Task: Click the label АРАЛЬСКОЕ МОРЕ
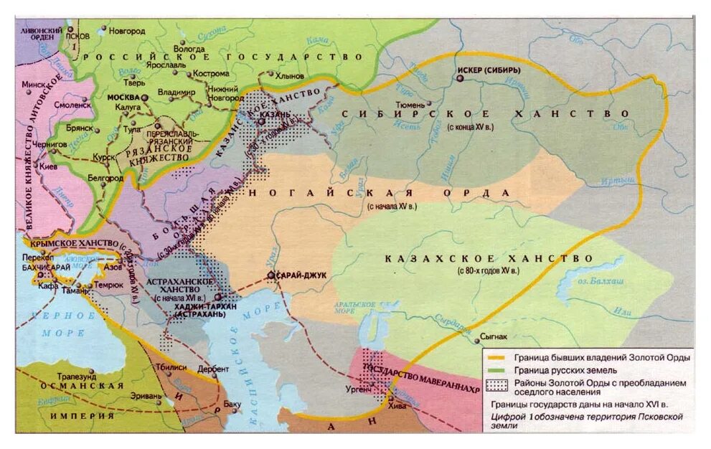[x=356, y=306]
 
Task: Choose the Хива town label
[x=396, y=405]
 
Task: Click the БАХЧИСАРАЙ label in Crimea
[x=50, y=267]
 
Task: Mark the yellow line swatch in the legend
[x=497, y=357]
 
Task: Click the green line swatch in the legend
[x=497, y=370]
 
